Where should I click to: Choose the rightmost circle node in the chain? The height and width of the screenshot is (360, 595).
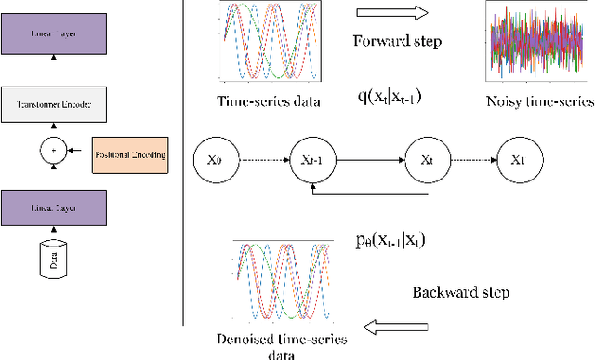pyautogui.click(x=519, y=158)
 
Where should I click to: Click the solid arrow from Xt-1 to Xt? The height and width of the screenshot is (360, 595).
pyautogui.click(x=372, y=159)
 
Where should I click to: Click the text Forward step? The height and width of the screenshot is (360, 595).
pyautogui.click(x=399, y=42)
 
